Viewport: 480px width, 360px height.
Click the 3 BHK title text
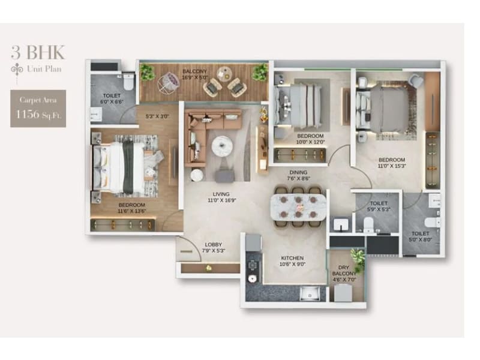(37, 52)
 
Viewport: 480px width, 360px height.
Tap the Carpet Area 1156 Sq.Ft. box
(38, 109)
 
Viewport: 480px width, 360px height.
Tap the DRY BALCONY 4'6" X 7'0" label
(344, 274)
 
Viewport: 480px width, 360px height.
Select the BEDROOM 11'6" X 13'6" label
(131, 208)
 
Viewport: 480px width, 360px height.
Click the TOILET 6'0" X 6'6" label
(111, 98)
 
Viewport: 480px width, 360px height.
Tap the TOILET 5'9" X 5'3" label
(379, 207)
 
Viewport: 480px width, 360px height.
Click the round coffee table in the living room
(223, 145)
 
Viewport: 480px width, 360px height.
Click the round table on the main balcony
(225, 74)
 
